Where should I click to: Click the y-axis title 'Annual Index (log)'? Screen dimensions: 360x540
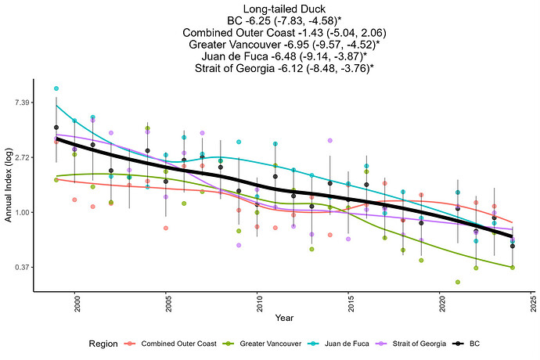coord(7,188)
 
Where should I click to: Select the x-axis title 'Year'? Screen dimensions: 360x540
coord(284,318)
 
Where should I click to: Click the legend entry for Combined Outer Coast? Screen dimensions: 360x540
coord(167,343)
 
